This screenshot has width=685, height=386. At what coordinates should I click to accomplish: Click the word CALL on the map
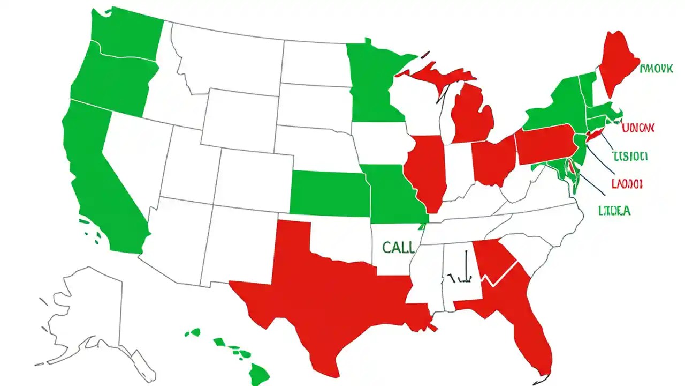[x=398, y=247]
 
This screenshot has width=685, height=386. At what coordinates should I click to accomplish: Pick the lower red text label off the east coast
[x=626, y=184]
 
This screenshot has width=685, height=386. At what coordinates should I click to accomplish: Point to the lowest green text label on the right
[x=614, y=211]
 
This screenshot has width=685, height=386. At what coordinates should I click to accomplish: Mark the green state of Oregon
[x=112, y=80]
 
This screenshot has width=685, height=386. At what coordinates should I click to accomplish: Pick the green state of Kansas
[x=329, y=193]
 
